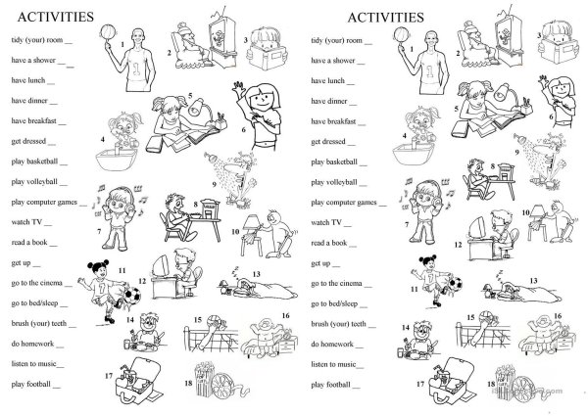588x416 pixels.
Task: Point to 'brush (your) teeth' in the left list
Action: click(x=41, y=324)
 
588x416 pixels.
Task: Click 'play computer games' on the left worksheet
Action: click(x=45, y=202)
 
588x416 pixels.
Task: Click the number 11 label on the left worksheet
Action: click(x=122, y=268)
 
